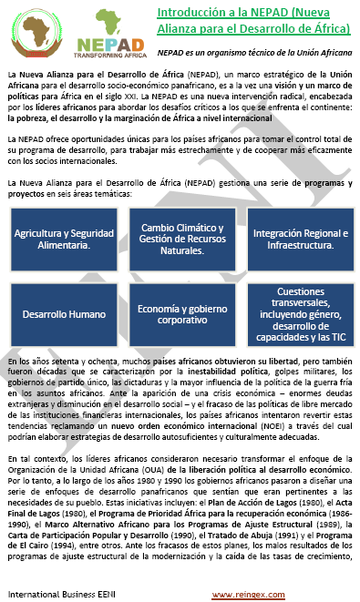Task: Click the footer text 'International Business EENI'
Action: point(57,594)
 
